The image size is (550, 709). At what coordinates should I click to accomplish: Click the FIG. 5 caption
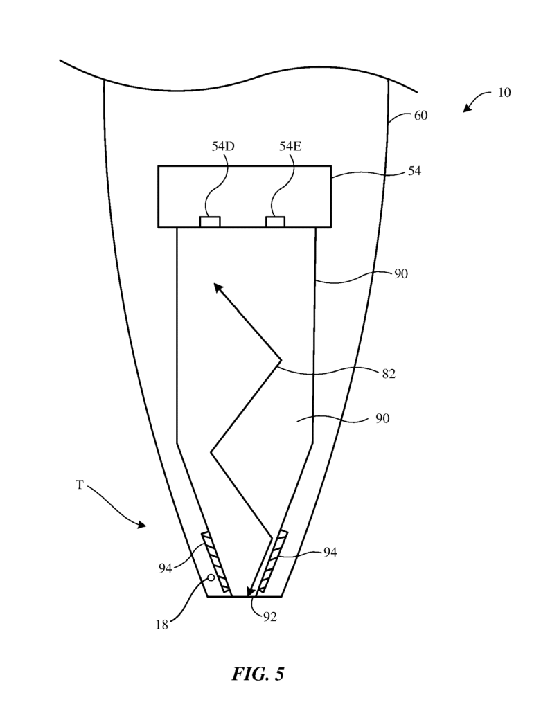point(258,674)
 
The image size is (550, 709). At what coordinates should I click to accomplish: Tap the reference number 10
point(504,93)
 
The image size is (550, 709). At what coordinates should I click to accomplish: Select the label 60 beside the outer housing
point(420,116)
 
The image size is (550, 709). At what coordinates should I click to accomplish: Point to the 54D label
point(223,147)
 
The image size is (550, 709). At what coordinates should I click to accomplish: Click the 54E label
point(290,147)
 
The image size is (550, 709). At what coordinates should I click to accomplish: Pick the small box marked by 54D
point(210,222)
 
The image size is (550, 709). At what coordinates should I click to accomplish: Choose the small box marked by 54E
point(276,222)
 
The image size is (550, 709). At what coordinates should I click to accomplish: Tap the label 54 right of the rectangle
point(414,171)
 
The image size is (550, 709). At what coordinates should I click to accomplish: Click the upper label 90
point(401,274)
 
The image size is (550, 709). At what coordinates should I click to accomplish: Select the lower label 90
point(382,419)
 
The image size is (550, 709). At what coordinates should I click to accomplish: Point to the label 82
point(389,374)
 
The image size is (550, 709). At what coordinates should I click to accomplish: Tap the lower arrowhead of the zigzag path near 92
point(249,590)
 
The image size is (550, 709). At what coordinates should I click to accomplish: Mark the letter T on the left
point(80,485)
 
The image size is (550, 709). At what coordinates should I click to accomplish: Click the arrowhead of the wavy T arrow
point(142,525)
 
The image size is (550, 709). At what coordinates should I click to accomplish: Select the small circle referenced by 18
point(211,577)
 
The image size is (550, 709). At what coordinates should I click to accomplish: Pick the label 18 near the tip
point(162,625)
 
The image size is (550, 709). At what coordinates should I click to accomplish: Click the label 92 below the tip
point(269,617)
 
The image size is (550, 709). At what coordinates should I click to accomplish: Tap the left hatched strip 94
point(215,563)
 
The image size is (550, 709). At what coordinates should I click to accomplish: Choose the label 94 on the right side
point(330,552)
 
